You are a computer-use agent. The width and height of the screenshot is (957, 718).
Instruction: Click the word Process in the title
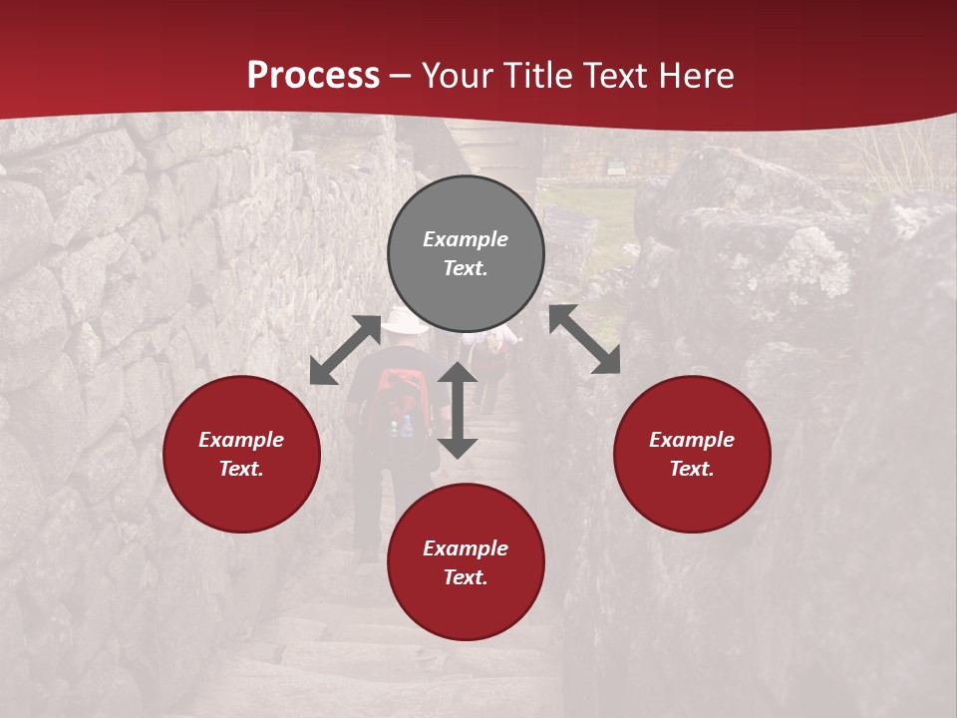[x=313, y=76]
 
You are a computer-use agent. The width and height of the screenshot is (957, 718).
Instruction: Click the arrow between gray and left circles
[x=345, y=350]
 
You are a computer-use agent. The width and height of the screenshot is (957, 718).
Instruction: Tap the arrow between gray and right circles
[x=584, y=339]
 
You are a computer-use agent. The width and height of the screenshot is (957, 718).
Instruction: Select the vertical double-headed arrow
[x=458, y=410]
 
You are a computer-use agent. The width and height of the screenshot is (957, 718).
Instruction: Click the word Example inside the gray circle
[x=466, y=239]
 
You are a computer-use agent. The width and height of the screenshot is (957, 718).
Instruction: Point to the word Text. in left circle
[x=241, y=469]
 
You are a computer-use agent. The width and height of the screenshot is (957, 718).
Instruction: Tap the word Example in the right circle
[x=692, y=440]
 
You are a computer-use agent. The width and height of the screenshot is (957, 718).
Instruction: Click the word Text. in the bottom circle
[x=466, y=577]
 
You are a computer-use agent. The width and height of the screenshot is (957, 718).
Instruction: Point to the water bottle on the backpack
[x=407, y=428]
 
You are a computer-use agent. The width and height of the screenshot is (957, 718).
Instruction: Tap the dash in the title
[x=401, y=77]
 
